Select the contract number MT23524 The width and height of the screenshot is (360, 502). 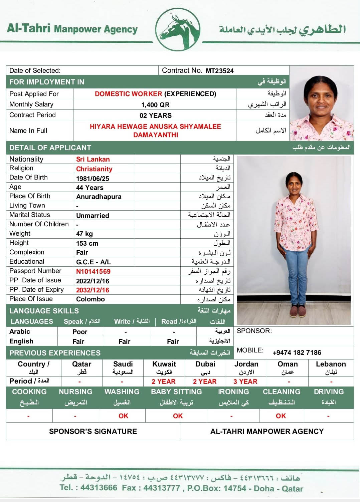pos(219,71)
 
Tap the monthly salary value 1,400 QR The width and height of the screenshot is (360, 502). pos(155,105)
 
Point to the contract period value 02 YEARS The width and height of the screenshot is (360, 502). pos(156,115)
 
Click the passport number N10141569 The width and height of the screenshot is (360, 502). pos(93,271)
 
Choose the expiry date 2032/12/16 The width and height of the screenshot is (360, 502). pos(93,290)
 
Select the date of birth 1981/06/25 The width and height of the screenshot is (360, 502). pos(93,179)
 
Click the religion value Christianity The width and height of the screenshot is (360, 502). pos(94,169)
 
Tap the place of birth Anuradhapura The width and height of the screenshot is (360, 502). pos(99,197)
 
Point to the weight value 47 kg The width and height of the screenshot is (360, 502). pos(84,234)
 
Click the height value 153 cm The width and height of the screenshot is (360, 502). pos(87,243)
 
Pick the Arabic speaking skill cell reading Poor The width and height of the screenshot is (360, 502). pos(80,332)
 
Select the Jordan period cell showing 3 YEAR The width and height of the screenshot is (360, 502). pos(245,382)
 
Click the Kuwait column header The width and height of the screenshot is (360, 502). pos(164,364)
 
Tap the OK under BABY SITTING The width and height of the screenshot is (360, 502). pos(178,416)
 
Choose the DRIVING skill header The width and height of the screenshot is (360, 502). pos(329,392)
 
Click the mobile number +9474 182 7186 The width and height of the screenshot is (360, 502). pos(297,353)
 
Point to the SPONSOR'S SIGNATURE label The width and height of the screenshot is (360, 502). pos(93,432)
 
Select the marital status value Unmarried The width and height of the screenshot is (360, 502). pos(93,216)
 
